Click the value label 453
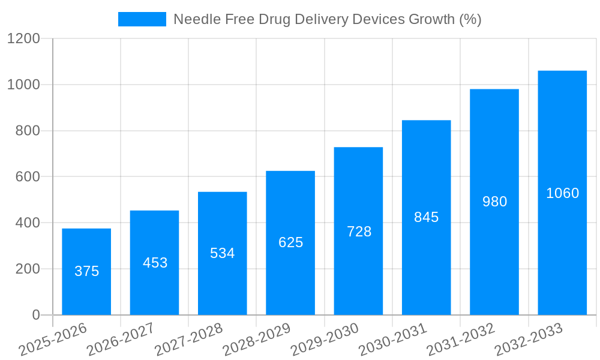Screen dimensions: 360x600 155,263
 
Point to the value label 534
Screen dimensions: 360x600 222,253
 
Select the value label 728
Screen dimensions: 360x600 359,232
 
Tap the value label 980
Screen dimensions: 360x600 494,202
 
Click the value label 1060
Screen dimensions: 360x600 562,193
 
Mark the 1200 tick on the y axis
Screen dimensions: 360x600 23,39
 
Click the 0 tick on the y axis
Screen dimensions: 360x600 35,315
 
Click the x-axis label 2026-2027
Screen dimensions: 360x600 121,340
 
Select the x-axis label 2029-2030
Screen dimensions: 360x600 325,340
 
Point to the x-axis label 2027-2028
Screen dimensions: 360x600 188,340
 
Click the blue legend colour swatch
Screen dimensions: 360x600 142,19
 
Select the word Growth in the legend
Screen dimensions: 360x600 431,19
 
